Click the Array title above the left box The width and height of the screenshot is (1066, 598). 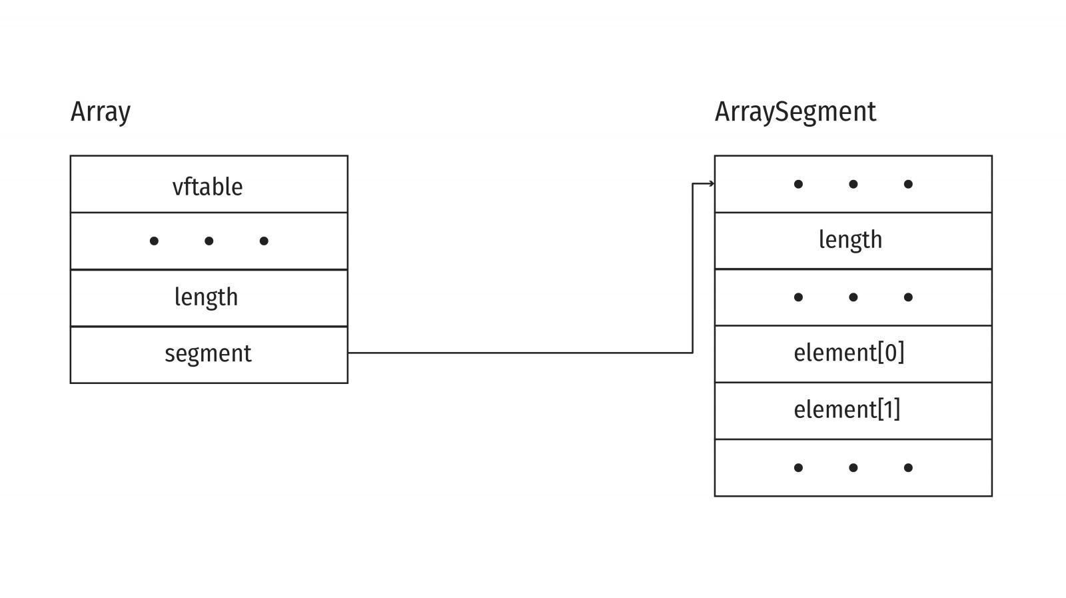coord(101,112)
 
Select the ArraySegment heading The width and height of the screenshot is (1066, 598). coord(795,112)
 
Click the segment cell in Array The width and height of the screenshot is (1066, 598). coord(209,354)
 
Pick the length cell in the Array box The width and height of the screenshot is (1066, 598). coord(209,297)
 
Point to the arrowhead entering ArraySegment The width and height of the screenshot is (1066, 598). coord(712,184)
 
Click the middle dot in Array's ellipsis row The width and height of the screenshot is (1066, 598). coord(209,241)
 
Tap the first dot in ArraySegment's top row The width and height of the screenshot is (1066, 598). coord(798,184)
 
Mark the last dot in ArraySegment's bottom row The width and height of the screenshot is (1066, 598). coord(908,468)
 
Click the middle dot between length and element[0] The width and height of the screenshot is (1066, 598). coord(853,297)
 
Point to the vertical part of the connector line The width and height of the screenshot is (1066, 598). coord(693,267)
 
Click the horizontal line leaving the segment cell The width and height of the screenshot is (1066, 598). coord(520,353)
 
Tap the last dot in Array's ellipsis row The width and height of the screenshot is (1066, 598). coord(264,241)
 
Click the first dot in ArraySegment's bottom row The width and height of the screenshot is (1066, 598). coord(798,468)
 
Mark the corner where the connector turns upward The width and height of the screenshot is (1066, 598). coord(693,353)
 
